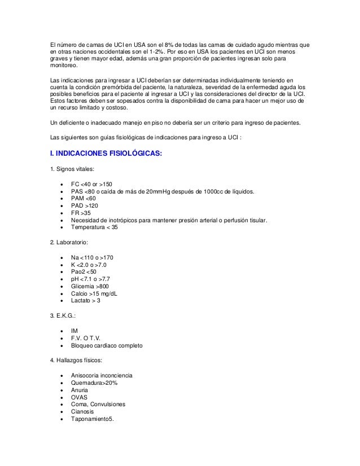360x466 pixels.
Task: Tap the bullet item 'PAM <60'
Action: click(x=84, y=199)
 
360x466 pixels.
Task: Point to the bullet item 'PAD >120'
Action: click(x=84, y=206)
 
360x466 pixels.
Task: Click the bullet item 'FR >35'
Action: click(x=81, y=213)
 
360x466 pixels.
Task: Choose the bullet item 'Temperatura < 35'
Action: click(x=95, y=227)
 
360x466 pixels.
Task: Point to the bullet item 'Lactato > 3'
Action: click(x=86, y=301)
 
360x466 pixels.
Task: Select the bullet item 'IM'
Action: click(x=74, y=331)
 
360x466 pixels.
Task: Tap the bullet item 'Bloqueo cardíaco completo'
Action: click(x=107, y=345)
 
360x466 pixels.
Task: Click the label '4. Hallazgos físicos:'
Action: click(x=78, y=360)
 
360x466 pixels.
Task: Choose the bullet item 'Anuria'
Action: click(x=80, y=389)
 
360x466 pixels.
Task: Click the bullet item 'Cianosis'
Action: click(x=84, y=411)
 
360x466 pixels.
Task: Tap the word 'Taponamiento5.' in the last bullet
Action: click(x=93, y=419)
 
